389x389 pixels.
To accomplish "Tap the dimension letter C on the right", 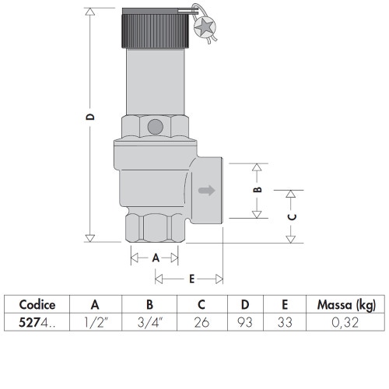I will [292, 217].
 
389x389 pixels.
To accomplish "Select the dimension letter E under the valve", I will [190, 278].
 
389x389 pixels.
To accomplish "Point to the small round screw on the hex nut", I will [155, 125].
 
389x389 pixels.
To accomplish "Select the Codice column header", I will [36, 305].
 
